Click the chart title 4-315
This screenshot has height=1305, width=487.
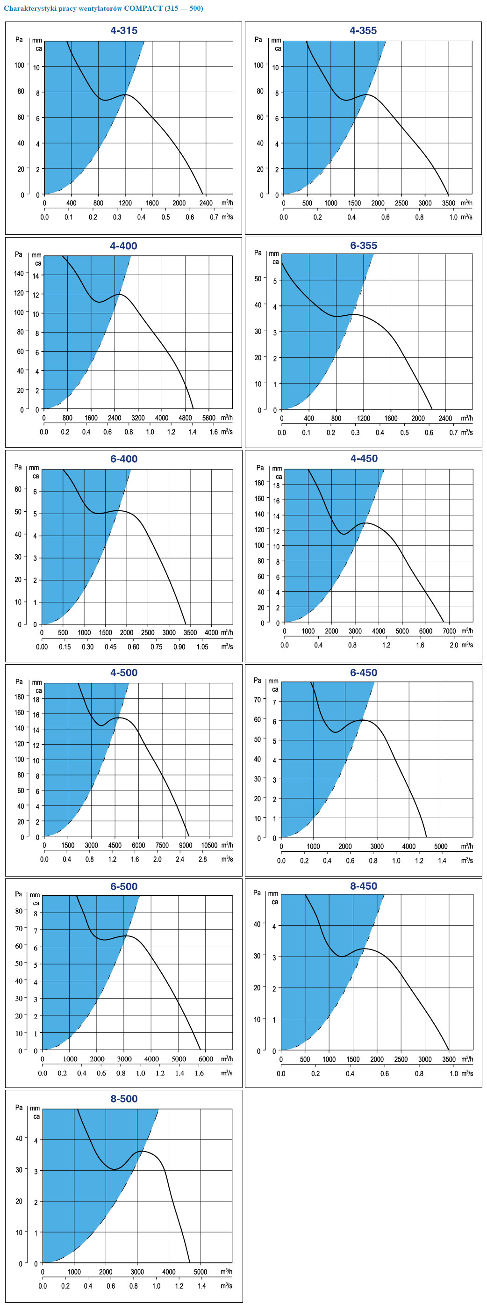pyautogui.click(x=124, y=30)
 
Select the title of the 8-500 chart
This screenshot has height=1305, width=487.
pyautogui.click(x=124, y=1098)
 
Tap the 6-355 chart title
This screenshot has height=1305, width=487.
pyautogui.click(x=364, y=245)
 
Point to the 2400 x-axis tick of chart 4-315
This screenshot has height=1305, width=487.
pyautogui.click(x=206, y=203)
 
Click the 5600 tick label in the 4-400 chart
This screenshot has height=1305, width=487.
pyautogui.click(x=208, y=418)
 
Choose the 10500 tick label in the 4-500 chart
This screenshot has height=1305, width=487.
pyautogui.click(x=209, y=845)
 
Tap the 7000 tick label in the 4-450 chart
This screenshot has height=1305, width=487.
pyautogui.click(x=449, y=631)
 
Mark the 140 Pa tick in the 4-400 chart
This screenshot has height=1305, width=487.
pyautogui.click(x=19, y=274)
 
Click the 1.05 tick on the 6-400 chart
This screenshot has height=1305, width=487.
pyautogui.click(x=202, y=646)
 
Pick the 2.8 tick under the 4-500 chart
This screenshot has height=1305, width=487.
pyautogui.click(x=202, y=859)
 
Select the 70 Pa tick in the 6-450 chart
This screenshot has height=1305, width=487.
pyautogui.click(x=258, y=700)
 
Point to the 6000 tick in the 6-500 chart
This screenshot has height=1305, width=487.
pyautogui.click(x=206, y=1059)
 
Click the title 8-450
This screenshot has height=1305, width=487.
pyautogui.click(x=364, y=886)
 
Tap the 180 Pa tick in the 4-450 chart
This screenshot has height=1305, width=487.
pyautogui.click(x=259, y=483)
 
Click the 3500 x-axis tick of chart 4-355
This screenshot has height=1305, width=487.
pyautogui.click(x=448, y=203)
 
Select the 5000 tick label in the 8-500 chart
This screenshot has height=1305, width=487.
pyautogui.click(x=201, y=1272)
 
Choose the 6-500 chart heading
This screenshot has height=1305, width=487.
pyautogui.click(x=124, y=886)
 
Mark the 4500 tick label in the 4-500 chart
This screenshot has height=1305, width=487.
pyautogui.click(x=115, y=845)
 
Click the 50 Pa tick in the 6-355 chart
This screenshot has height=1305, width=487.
pyautogui.click(x=258, y=279)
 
